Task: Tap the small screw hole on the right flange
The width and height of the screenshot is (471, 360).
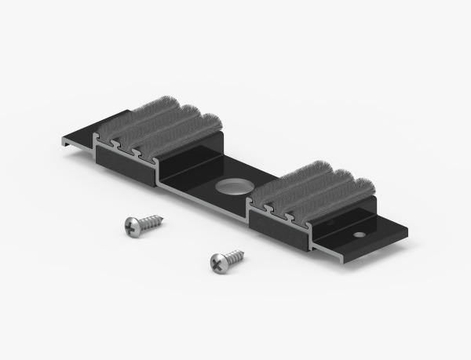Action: tap(359, 234)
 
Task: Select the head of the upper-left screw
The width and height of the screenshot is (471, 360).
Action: tap(133, 226)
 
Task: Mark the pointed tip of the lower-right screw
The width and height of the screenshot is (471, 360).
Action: tap(243, 252)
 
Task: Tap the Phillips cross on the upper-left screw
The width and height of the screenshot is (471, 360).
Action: tap(132, 227)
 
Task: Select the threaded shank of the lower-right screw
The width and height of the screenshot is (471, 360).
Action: tap(233, 256)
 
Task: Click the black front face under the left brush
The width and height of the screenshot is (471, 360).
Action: tap(126, 167)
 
